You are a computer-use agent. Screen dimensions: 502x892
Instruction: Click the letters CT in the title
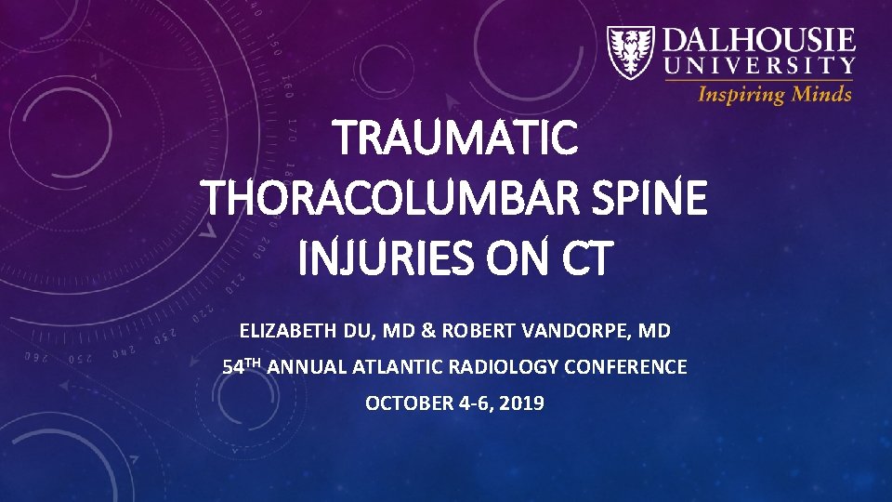(583, 258)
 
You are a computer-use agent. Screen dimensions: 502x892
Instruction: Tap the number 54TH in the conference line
(244, 366)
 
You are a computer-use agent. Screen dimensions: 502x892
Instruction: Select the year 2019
(523, 403)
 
